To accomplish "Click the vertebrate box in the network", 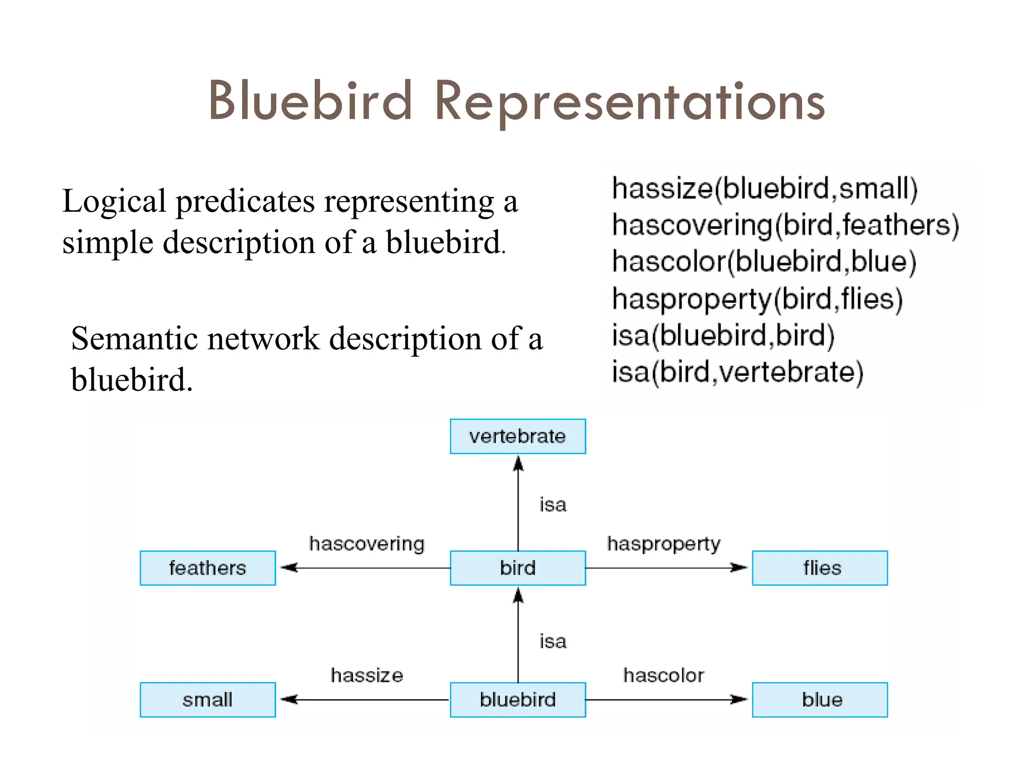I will [518, 436].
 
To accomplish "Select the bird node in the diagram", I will [518, 568].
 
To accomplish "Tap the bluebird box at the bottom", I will [518, 699].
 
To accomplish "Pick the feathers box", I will [207, 568].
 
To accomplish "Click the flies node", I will [820, 568].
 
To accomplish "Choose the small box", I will [207, 699].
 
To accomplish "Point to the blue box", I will [820, 699].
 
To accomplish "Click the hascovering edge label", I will [367, 544].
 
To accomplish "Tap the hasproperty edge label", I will [664, 544].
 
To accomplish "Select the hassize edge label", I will [367, 675].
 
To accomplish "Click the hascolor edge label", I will [664, 675].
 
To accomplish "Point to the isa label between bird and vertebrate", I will [553, 504].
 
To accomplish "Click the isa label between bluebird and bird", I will [553, 641].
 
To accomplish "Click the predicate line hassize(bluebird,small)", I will [765, 189].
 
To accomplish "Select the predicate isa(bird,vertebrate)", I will [737, 372].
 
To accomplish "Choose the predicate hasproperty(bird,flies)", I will [757, 299].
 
